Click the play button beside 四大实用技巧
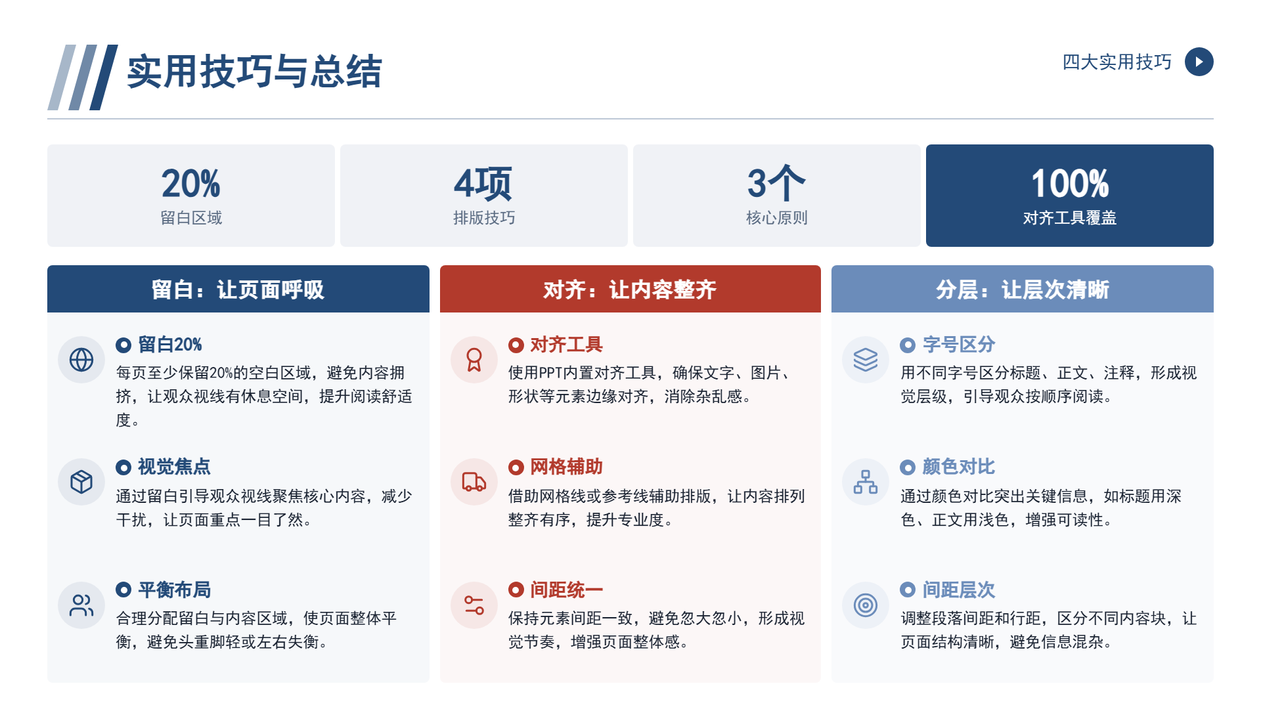click(1199, 62)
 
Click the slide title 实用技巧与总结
click(254, 71)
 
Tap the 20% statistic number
click(191, 183)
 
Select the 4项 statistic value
click(483, 183)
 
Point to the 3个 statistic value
click(776, 183)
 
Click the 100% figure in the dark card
click(1070, 183)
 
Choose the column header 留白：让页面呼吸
click(238, 290)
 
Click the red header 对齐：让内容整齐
click(630, 290)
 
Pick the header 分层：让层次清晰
click(1023, 290)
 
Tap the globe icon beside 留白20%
click(81, 360)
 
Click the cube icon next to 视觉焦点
click(81, 482)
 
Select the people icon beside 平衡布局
click(81, 605)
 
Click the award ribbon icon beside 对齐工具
click(474, 360)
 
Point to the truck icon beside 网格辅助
click(474, 482)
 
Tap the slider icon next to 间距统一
click(474, 605)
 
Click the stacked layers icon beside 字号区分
click(866, 360)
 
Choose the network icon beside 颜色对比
click(866, 482)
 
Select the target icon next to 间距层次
click(866, 605)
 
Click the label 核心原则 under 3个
click(777, 218)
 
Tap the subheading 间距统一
click(567, 590)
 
